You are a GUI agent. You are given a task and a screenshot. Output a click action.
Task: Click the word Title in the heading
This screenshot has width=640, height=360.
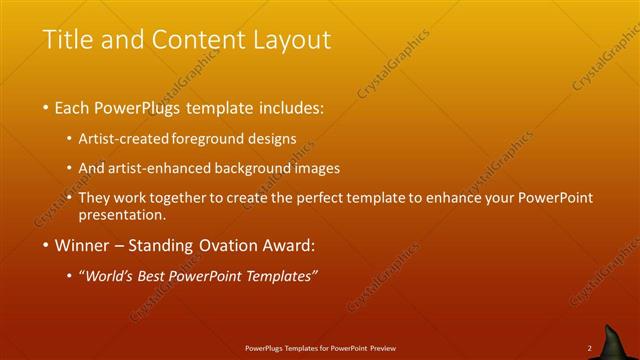click(67, 40)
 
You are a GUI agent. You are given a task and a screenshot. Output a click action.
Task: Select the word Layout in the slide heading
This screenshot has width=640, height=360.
click(289, 40)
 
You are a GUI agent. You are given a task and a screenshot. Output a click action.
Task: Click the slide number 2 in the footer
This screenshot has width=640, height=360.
click(589, 348)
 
